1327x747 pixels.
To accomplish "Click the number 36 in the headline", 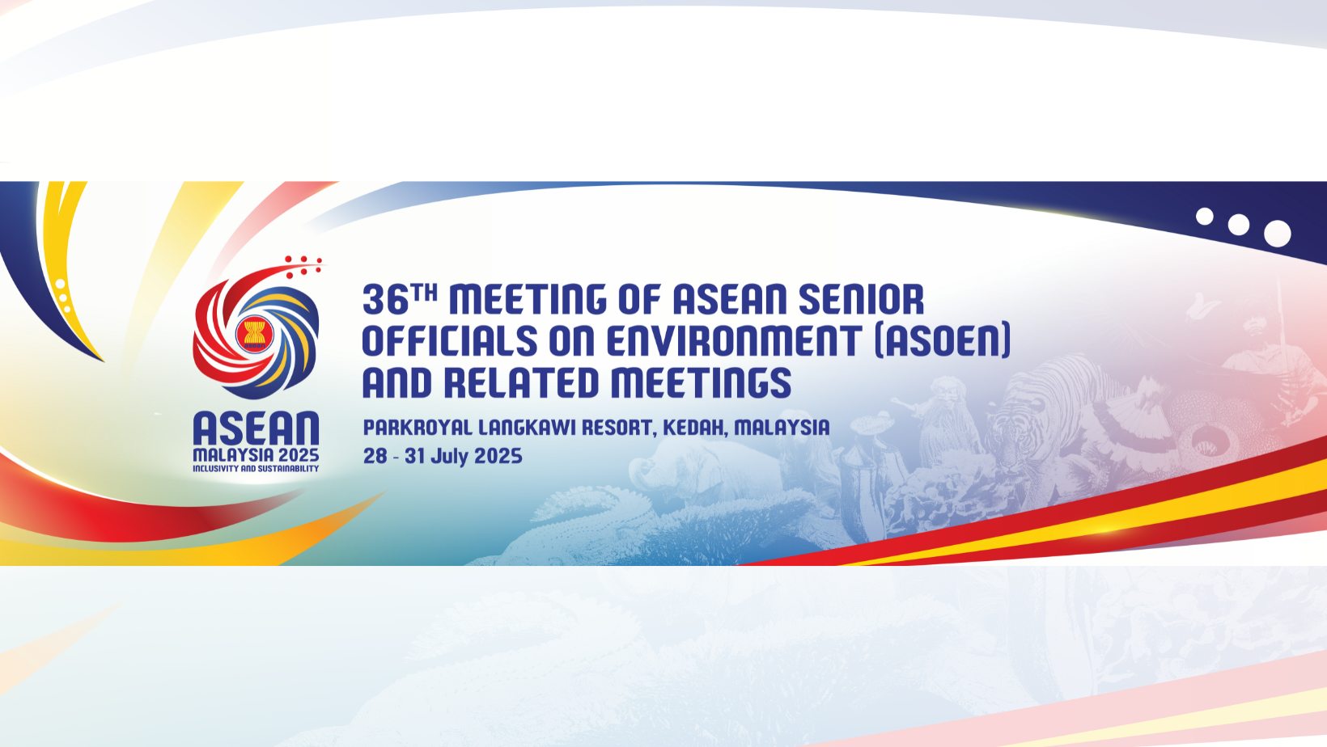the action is coord(385,299).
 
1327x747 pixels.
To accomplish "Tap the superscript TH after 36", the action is coord(425,292).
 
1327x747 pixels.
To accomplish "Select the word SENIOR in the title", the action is coord(862,299).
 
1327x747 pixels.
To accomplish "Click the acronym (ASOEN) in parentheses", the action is coord(943,340).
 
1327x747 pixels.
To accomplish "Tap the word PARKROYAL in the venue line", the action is coord(418,428).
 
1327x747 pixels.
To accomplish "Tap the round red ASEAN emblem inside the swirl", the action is coord(255,335).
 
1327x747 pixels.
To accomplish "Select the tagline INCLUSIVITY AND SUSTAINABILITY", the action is coord(256,469).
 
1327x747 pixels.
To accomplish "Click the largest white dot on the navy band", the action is coord(1277,234).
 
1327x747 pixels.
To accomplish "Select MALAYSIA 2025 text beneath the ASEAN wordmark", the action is coord(256,455).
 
